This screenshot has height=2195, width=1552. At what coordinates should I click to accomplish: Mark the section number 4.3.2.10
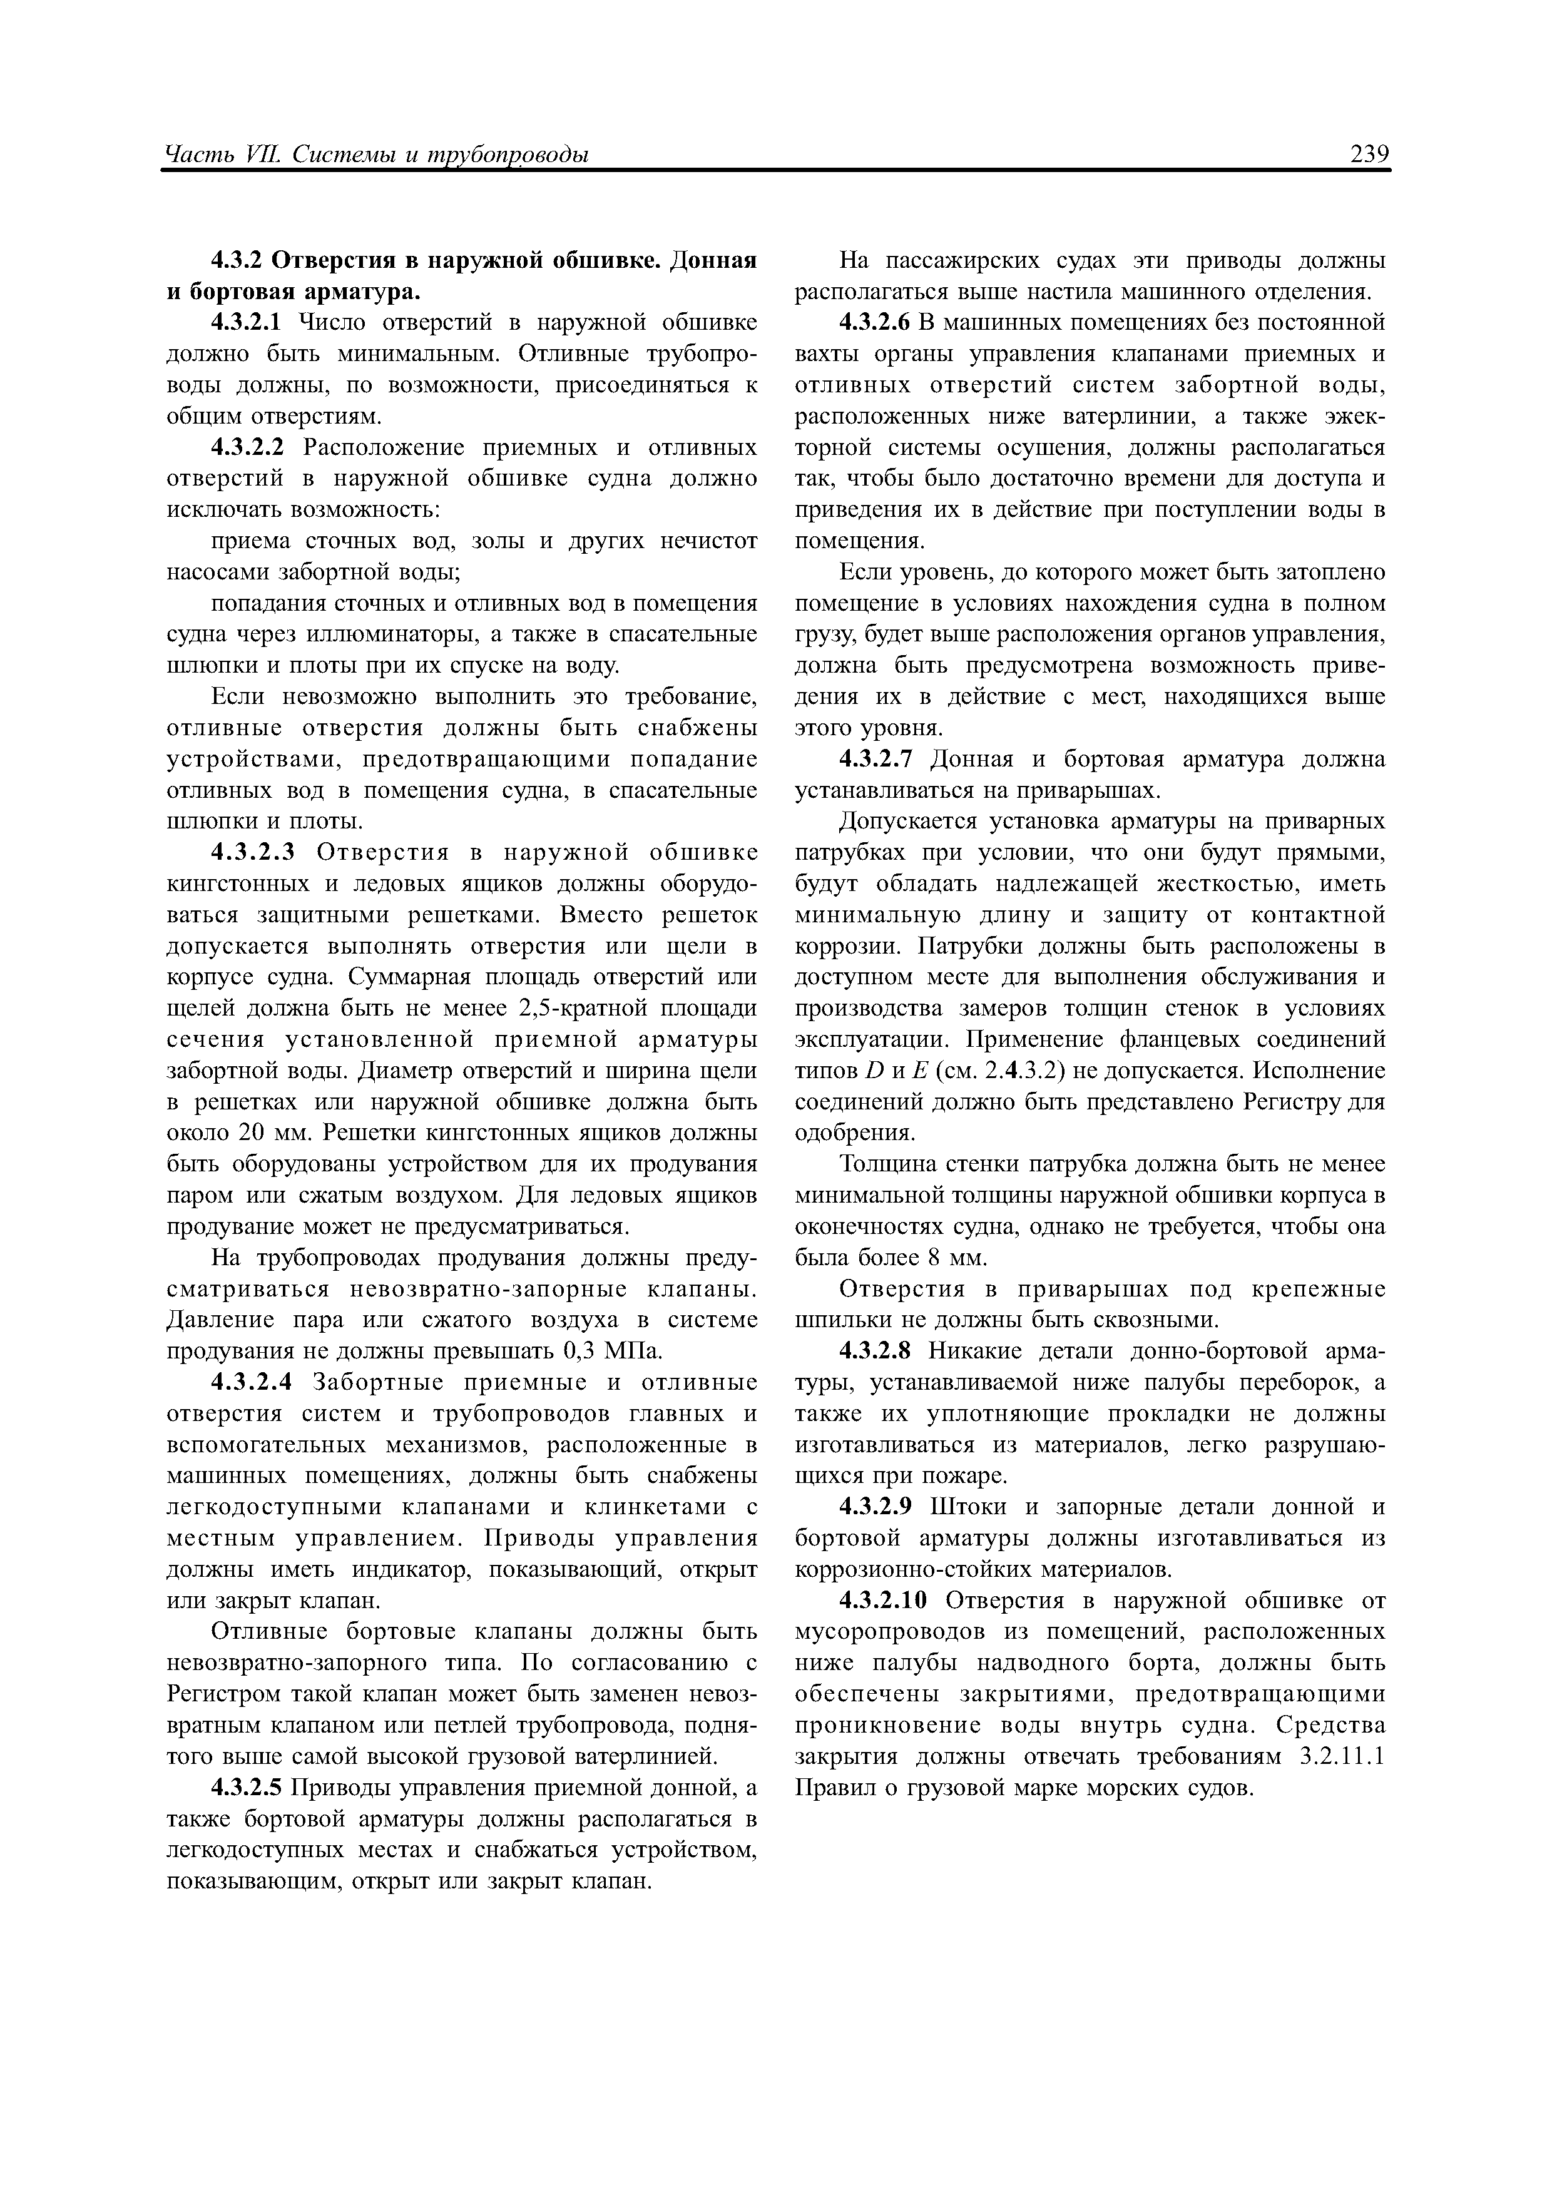coord(884,1601)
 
